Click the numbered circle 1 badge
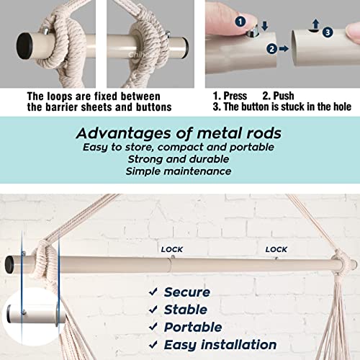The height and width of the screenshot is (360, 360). coord(240,22)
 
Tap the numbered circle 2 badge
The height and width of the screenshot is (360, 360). coord(272,49)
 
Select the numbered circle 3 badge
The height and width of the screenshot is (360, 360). coord(328,32)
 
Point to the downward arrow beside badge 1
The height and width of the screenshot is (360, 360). coord(265,25)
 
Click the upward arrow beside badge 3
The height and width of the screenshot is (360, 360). coord(316,24)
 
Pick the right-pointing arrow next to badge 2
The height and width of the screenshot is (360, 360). coord(284,49)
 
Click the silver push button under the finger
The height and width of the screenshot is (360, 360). coord(253,32)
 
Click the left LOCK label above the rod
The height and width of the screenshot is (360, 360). coord(172,250)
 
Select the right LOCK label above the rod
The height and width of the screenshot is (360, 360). coord(276,250)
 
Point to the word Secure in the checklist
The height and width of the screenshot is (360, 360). coord(187,292)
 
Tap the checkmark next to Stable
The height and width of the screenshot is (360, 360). coord(153,310)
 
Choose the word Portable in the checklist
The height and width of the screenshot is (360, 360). coord(193,327)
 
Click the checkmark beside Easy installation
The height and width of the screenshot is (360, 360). coord(153,345)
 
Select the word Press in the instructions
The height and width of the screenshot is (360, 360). coord(235,96)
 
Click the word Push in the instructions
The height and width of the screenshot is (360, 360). coord(284,96)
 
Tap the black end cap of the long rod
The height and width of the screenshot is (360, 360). coord(9,265)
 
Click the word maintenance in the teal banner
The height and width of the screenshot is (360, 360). coord(198,171)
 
